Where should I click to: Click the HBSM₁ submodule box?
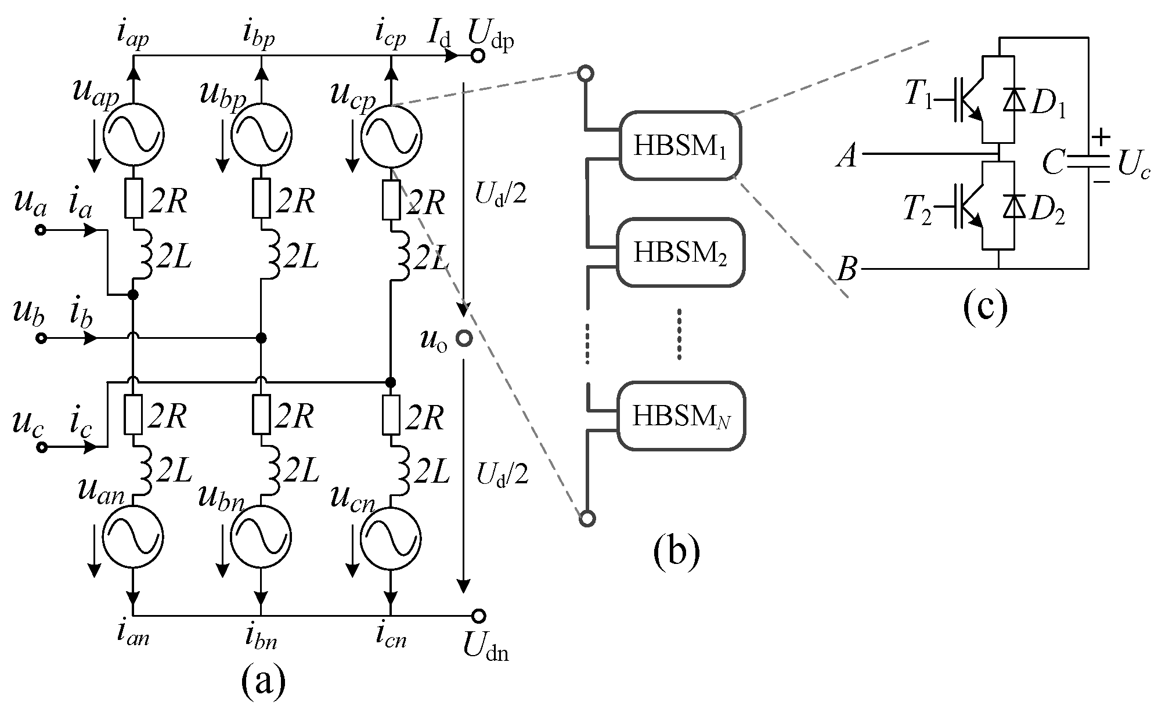pos(679,146)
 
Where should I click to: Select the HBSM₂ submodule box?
pos(679,252)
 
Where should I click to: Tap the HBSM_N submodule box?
pos(679,416)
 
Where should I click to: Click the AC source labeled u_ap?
pos(134,135)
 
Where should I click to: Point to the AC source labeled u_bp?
pos(261,135)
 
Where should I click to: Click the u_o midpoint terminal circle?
pos(463,338)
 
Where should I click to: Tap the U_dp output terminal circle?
pos(477,56)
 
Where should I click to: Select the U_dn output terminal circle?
pos(478,616)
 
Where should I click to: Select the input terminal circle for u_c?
pos(41,447)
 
